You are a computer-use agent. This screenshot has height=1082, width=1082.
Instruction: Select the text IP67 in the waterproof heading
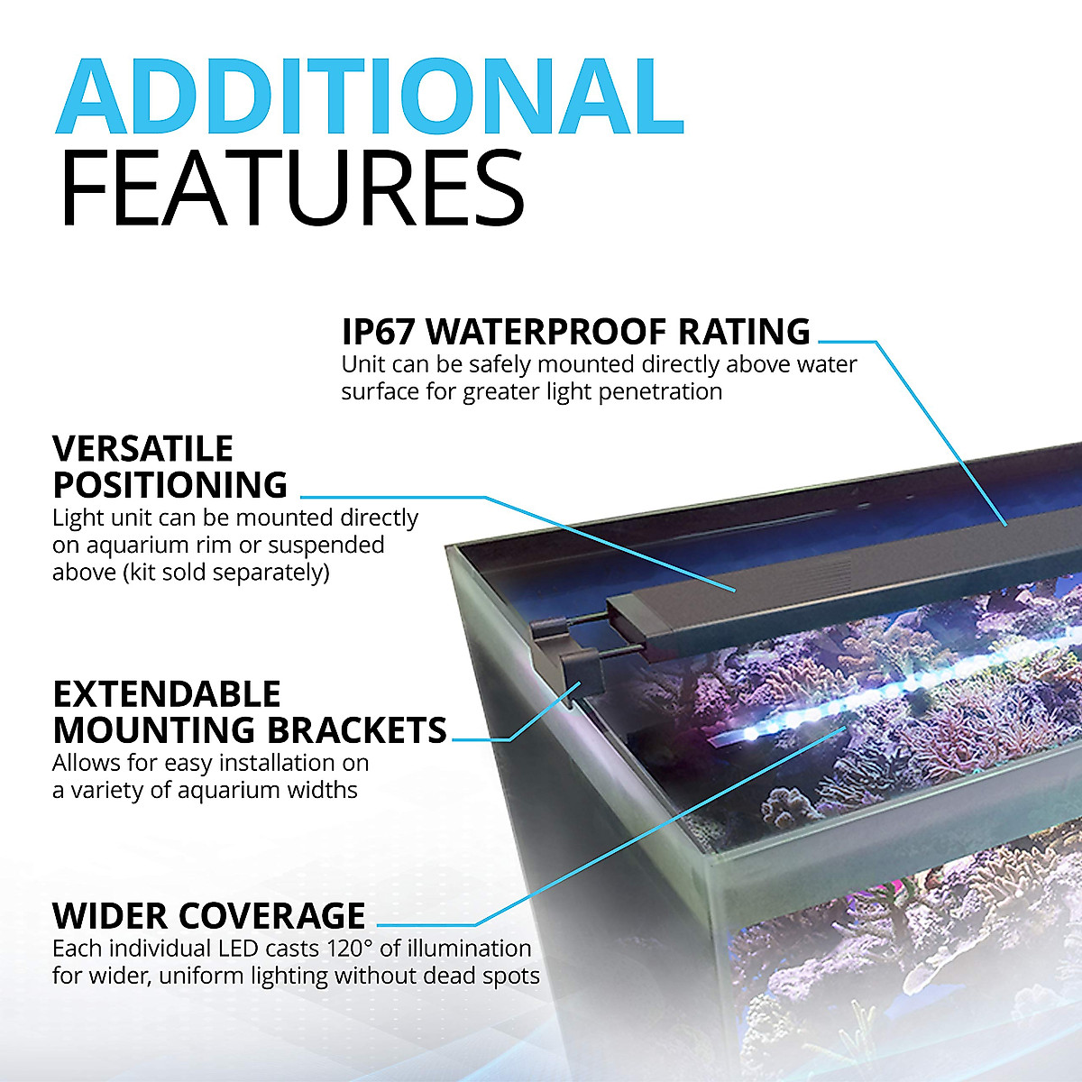tap(379, 332)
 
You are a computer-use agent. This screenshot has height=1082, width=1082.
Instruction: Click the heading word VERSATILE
tap(142, 448)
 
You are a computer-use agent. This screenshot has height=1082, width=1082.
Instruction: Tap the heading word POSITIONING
tap(170, 485)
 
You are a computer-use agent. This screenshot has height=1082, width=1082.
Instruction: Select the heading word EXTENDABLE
tap(167, 694)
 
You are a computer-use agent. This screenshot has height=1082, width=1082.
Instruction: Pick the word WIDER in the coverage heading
tap(110, 916)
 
